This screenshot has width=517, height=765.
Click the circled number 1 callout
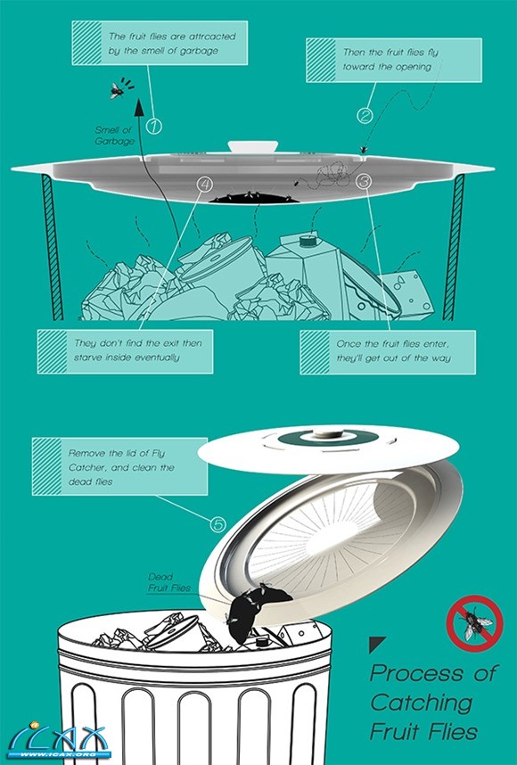pyautogui.click(x=153, y=127)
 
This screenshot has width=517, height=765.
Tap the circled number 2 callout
pyautogui.click(x=365, y=116)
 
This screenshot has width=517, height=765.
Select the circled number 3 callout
pyautogui.click(x=364, y=182)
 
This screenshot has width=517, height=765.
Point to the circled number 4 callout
pyautogui.click(x=205, y=184)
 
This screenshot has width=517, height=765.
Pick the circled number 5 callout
pyautogui.click(x=218, y=524)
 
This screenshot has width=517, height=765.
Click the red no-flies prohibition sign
pyautogui.click(x=474, y=623)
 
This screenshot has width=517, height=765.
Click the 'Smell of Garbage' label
pyautogui.click(x=115, y=136)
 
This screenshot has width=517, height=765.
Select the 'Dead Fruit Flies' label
pyautogui.click(x=169, y=582)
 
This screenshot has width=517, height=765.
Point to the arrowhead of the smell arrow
pyautogui.click(x=139, y=107)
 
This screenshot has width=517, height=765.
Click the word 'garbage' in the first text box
pyautogui.click(x=199, y=51)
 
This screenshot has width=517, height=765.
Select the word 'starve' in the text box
pyautogui.click(x=89, y=358)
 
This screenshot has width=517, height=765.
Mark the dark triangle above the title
pyautogui.click(x=376, y=644)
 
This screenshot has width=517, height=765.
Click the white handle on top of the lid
pyautogui.click(x=252, y=146)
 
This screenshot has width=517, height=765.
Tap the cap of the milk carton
pyautogui.click(x=308, y=240)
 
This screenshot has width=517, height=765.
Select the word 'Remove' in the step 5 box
pyautogui.click(x=86, y=453)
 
